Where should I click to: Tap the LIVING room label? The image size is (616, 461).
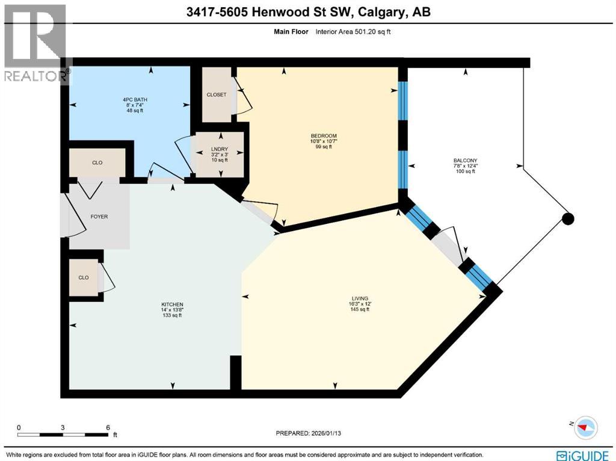click(x=360, y=299)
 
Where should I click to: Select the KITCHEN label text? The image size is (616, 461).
click(x=172, y=305)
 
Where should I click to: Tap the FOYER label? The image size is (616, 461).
click(x=99, y=217)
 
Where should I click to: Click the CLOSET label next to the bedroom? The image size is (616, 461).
click(x=216, y=94)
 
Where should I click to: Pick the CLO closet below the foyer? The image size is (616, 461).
click(x=83, y=277)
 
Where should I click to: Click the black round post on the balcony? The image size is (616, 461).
click(x=567, y=219)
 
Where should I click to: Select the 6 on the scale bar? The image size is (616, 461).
click(x=108, y=427)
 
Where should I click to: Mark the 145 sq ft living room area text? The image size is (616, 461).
click(x=360, y=310)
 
